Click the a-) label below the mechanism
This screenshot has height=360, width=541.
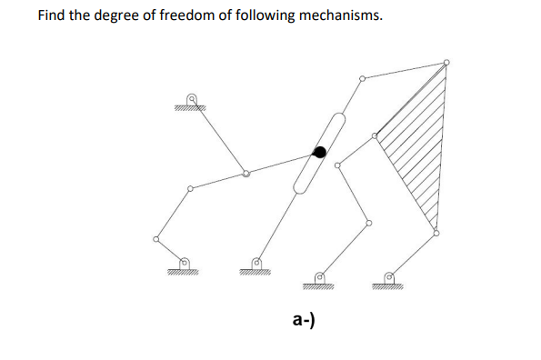304,318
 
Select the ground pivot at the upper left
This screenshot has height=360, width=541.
191,98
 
